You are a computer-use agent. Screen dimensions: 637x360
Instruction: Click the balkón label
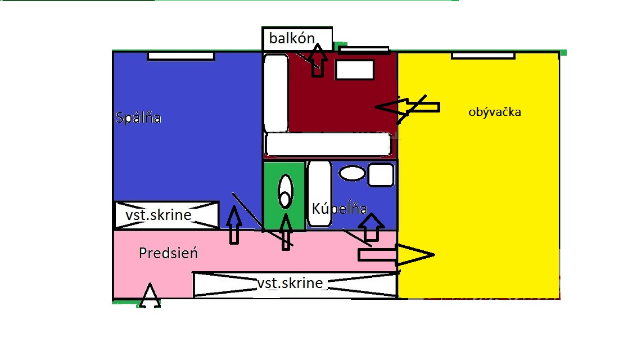click(292, 38)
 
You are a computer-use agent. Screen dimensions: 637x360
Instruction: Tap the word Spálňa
click(138, 118)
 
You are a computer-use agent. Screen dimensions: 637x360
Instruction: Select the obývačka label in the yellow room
click(494, 112)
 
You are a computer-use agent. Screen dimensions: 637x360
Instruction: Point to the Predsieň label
click(168, 253)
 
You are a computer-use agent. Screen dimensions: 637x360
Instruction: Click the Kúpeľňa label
click(340, 208)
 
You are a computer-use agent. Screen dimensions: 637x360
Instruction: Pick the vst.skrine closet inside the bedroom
click(166, 215)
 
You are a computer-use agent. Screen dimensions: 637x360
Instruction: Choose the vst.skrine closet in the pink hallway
click(295, 285)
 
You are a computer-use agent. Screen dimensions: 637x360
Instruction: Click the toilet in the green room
click(285, 191)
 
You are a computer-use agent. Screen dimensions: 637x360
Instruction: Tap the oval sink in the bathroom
click(352, 173)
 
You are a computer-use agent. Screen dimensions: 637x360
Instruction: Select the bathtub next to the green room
click(319, 193)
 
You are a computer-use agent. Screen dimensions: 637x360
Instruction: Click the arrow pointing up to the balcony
click(317, 60)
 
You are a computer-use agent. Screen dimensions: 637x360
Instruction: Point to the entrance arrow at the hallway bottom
click(150, 295)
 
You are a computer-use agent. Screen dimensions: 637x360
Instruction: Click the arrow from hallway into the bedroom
click(234, 224)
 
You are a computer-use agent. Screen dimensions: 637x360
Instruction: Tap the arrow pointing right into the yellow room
click(396, 255)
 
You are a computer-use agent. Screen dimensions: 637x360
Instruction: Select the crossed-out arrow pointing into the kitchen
click(407, 107)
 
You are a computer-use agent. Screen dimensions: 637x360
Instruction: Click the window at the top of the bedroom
click(181, 56)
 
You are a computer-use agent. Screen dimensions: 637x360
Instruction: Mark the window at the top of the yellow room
click(483, 55)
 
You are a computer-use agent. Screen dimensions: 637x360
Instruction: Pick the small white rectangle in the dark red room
click(355, 70)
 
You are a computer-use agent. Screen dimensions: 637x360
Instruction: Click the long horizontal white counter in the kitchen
click(328, 144)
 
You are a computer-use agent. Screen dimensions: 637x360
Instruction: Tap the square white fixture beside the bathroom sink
click(381, 175)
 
